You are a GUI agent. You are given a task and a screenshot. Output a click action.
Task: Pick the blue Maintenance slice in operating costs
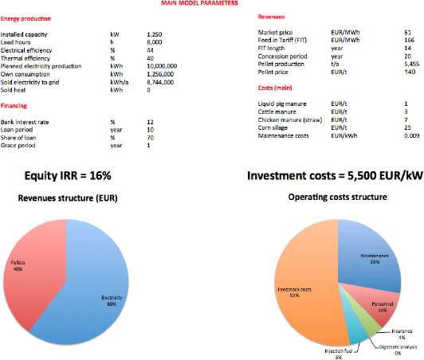pos(371,256)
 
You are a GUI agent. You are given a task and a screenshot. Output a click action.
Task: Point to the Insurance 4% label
pos(402,334)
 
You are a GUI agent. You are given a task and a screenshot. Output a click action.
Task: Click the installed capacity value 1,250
pos(155,34)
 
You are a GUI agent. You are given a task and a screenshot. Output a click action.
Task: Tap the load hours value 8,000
pos(155,42)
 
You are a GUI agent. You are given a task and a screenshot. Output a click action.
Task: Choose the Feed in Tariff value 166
pos(410,41)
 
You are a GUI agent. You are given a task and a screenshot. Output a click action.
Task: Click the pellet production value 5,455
pos(411,64)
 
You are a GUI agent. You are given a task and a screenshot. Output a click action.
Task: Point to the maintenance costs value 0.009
pos(412,135)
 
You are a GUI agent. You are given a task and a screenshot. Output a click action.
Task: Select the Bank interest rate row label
pos(25,122)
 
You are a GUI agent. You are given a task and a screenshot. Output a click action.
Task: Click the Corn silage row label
pos(273,128)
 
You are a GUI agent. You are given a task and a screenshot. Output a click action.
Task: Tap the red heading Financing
pos(14,106)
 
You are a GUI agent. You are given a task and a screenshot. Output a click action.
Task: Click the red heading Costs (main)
pos(275,88)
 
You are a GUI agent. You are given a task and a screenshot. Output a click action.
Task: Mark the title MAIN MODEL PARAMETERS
pos(199,3)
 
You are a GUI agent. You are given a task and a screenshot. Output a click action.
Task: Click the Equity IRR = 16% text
pos(68,176)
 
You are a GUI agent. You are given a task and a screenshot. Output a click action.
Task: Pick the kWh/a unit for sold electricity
pos(120,82)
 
